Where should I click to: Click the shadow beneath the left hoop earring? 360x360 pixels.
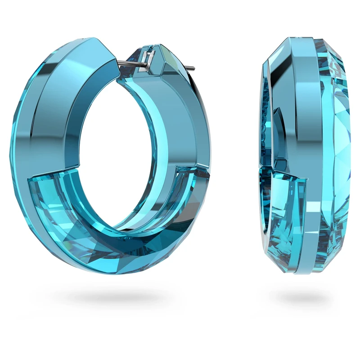[115, 297]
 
